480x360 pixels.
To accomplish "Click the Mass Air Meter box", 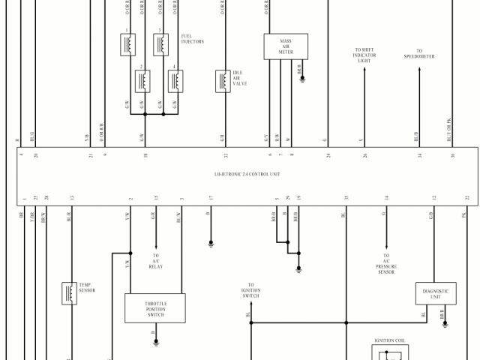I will point(286,46).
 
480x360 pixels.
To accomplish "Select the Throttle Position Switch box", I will point(155,307).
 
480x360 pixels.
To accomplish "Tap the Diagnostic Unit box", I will point(436,293).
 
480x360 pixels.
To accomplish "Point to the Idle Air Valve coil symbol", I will point(223,79).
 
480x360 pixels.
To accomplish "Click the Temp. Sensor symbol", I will point(70,293).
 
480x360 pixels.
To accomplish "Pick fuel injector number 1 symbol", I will point(128,44).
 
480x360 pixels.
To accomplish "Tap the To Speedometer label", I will point(419,54).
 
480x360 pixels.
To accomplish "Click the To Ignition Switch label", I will point(250,292).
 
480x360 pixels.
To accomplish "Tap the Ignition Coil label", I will point(389,341).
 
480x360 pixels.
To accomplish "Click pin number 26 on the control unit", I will point(364,155).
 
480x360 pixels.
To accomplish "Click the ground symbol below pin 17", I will point(211,243).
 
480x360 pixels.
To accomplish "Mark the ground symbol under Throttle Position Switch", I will point(156,341).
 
